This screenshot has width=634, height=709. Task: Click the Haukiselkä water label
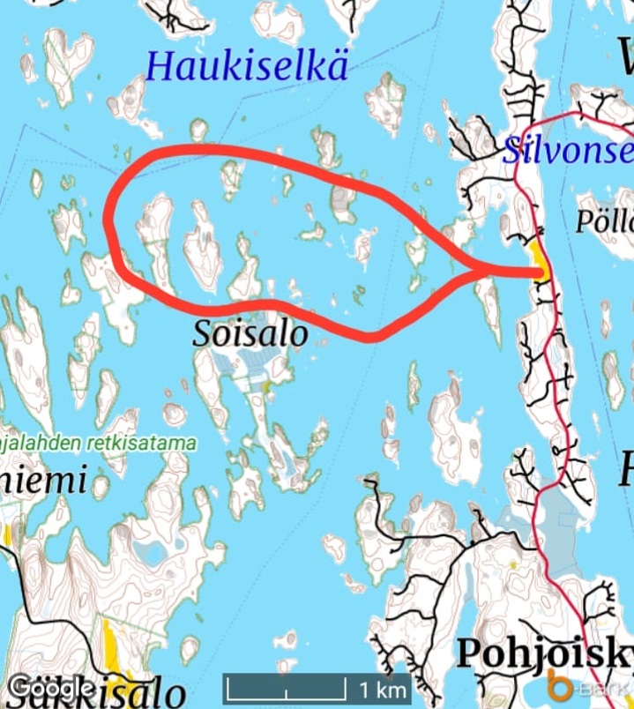[247, 67]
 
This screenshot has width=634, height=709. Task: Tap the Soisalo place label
[250, 334]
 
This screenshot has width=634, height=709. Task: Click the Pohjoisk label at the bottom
[543, 653]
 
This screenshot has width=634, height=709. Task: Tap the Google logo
[51, 687]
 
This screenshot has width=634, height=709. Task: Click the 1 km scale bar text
[382, 688]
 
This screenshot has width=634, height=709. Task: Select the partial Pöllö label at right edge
[605, 221]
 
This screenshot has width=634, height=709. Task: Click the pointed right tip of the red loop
[534, 272]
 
